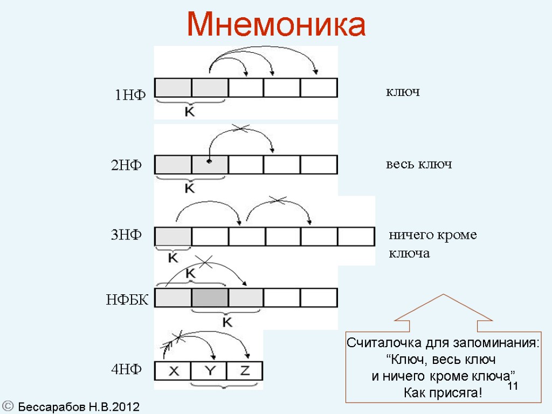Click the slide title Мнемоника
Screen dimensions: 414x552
(276, 24)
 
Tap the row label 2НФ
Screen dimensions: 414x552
(126, 166)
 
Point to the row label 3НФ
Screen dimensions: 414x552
(126, 235)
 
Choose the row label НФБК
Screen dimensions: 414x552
(127, 300)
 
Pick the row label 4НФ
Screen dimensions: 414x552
(126, 369)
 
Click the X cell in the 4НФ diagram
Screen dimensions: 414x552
(174, 371)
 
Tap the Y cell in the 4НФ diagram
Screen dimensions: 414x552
(209, 371)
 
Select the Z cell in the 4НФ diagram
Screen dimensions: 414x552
(244, 371)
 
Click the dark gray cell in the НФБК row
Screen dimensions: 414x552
(210, 298)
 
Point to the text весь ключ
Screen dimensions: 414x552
(418, 164)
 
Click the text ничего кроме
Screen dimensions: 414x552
(433, 236)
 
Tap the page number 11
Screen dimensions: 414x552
(513, 386)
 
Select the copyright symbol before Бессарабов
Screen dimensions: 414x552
(8, 406)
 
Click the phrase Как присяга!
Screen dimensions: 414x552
(443, 392)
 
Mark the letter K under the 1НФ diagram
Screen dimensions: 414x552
(190, 112)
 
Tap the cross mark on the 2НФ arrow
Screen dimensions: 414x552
(241, 128)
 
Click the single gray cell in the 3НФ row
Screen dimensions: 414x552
(173, 237)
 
